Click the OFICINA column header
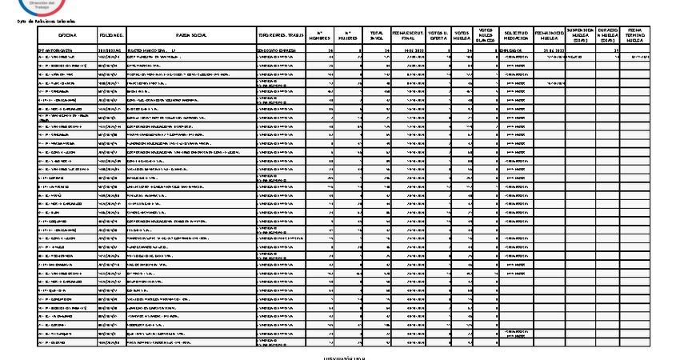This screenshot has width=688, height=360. pos(66,37)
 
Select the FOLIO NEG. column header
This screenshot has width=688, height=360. pos(111,37)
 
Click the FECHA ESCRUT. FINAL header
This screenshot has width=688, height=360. pos(408,37)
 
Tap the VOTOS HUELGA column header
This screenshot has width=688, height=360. pos(462,37)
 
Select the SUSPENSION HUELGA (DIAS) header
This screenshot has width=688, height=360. pos(580,35)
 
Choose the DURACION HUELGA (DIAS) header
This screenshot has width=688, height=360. pos(606,35)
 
